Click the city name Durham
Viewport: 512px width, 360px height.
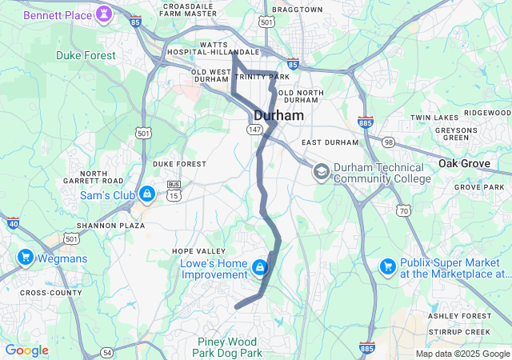pos(279,116)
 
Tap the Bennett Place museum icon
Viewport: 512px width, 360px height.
pos(104,14)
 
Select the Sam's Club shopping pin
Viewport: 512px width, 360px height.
pos(147,194)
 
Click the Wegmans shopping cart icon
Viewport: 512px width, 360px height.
pos(25,258)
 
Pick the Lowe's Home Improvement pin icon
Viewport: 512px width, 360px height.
pos(259,266)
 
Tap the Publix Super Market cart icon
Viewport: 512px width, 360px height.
pos(387,266)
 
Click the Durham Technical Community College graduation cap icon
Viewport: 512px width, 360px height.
pos(321,172)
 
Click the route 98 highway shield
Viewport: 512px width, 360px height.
pos(388,142)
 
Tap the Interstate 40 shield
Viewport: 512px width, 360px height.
pos(12,224)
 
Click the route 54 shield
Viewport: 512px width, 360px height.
pos(106,352)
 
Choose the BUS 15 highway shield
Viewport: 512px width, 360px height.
pos(174,189)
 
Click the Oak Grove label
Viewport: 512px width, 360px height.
pos(464,163)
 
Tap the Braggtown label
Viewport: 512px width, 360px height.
pos(297,10)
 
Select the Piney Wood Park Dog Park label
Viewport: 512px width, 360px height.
pos(230,347)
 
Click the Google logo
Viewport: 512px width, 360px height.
pos(26,350)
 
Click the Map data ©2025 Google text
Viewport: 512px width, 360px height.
pos(462,354)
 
